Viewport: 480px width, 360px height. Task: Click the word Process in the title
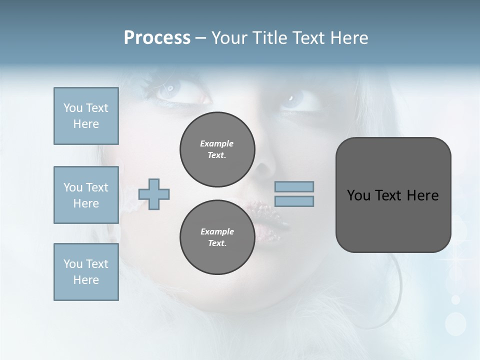point(157,38)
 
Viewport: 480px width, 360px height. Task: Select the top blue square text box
point(86,116)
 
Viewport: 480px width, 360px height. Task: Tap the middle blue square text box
point(86,195)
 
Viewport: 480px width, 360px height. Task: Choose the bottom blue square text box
point(86,272)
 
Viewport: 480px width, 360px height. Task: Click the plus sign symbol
point(154,194)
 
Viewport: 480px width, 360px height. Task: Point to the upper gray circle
point(217,149)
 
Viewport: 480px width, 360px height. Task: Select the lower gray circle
point(217,237)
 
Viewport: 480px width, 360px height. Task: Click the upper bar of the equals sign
point(294,186)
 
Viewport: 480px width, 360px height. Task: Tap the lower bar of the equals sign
point(294,201)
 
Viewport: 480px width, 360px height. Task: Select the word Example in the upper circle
point(216,143)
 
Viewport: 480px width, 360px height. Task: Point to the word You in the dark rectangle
point(358,195)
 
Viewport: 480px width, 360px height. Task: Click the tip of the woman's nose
point(265,175)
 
